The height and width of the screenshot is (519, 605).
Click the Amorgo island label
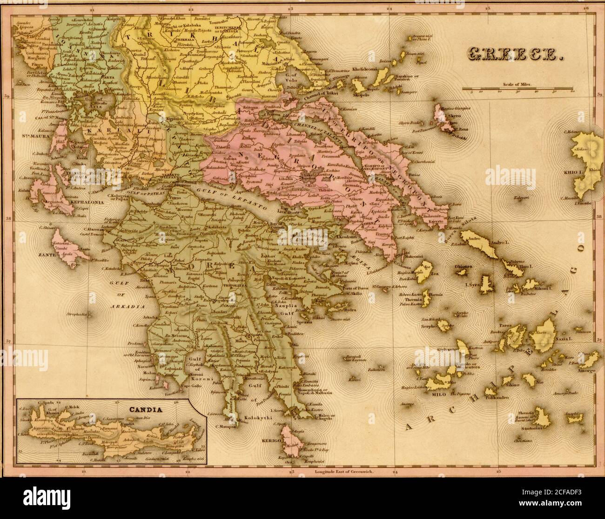pos(586,371)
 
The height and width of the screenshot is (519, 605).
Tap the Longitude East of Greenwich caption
pos(345,471)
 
